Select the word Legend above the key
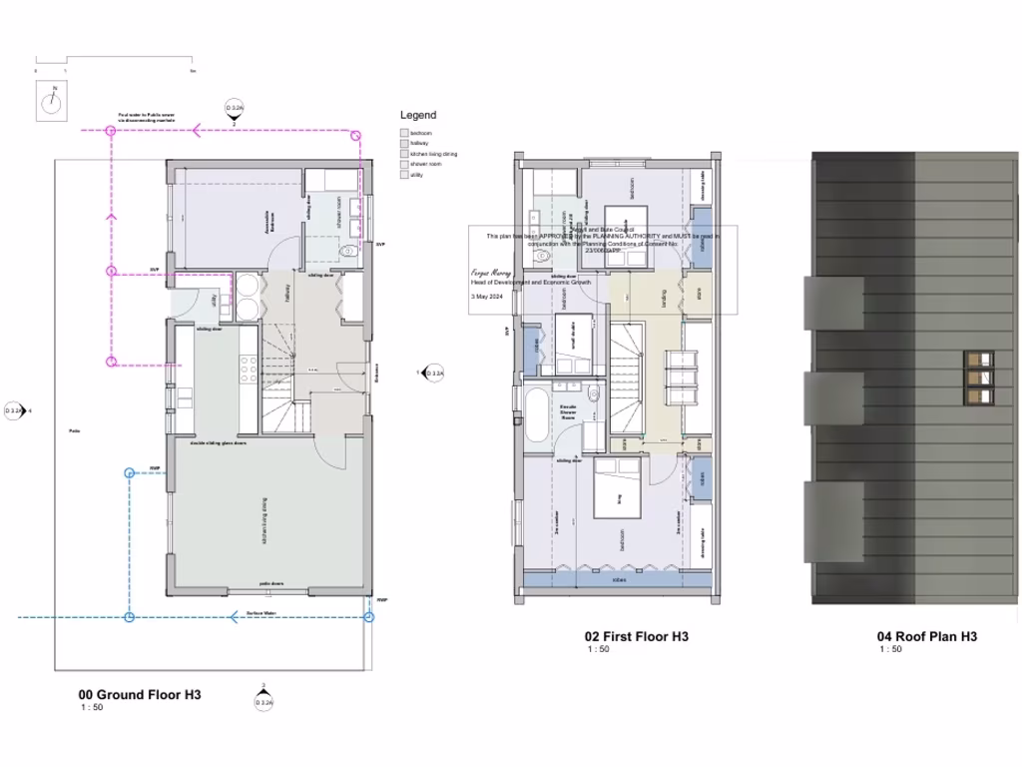(x=418, y=115)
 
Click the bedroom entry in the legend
(x=420, y=133)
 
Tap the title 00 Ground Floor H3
(x=140, y=695)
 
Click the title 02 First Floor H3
(x=636, y=636)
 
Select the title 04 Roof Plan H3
(x=926, y=636)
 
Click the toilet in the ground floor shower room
(x=346, y=253)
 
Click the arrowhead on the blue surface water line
(x=233, y=617)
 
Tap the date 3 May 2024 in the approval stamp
(x=488, y=296)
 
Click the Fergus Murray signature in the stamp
(x=491, y=272)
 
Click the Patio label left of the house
(x=74, y=430)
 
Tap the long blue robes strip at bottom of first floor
(x=618, y=578)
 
